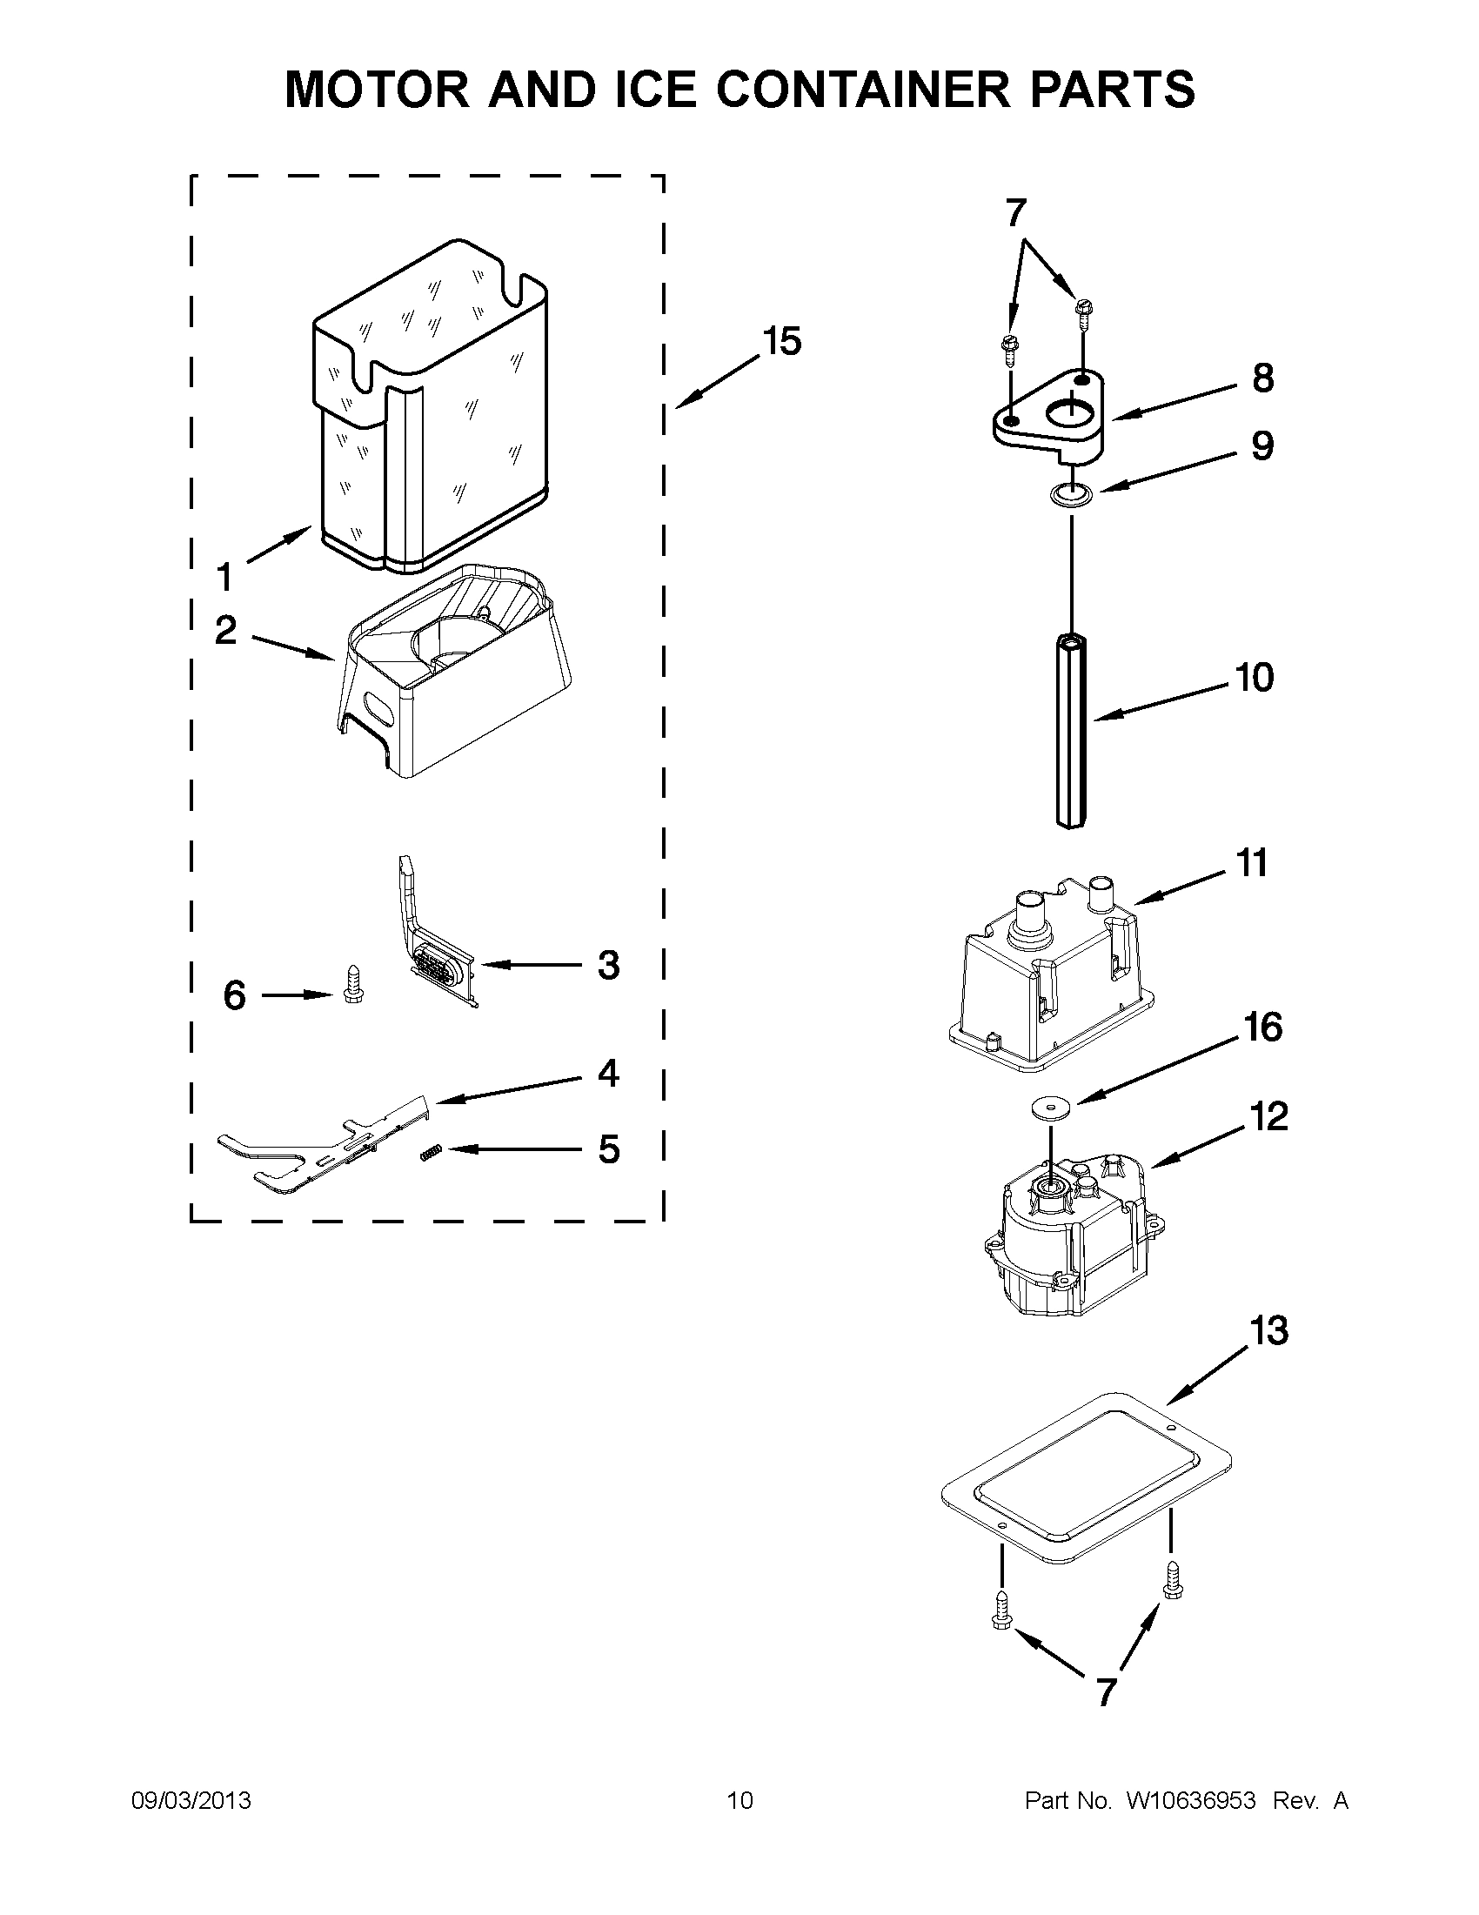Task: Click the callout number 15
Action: point(781,342)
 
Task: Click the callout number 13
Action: point(1268,1331)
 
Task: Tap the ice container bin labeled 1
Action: point(430,412)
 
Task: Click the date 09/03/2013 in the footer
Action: point(191,1801)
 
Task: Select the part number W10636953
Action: point(1190,1801)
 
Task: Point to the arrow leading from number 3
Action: point(531,965)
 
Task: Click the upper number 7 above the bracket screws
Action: point(1014,212)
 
